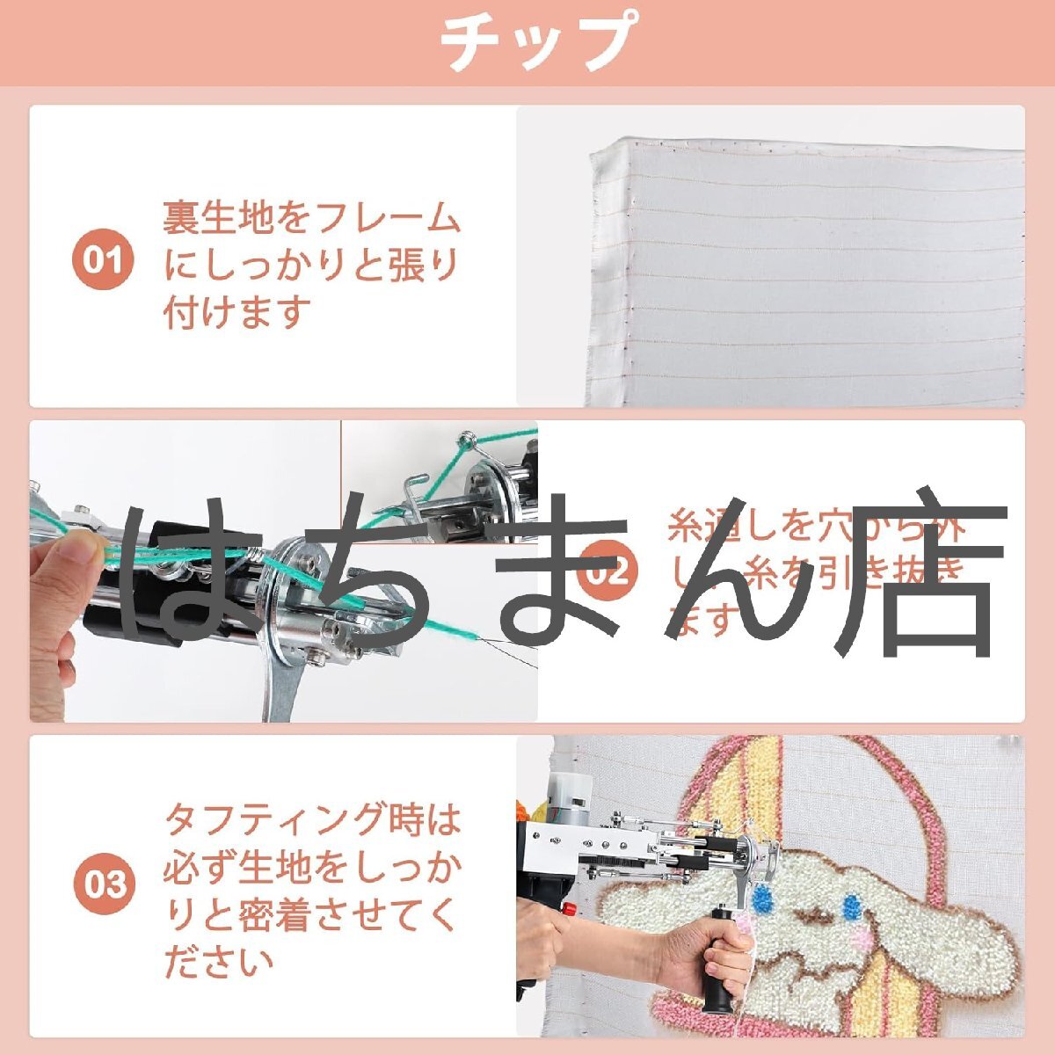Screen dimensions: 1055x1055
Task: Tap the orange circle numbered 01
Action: click(103, 261)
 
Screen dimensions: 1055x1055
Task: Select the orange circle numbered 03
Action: click(104, 884)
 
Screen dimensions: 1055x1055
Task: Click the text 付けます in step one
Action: click(238, 312)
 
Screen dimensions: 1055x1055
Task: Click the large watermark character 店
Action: click(914, 571)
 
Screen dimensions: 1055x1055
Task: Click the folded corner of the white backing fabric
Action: click(607, 158)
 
